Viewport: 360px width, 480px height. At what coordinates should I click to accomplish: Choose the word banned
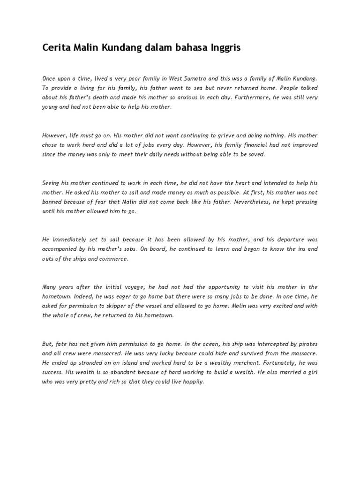[52, 202]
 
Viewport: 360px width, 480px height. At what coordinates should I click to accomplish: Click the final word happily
[192, 382]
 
